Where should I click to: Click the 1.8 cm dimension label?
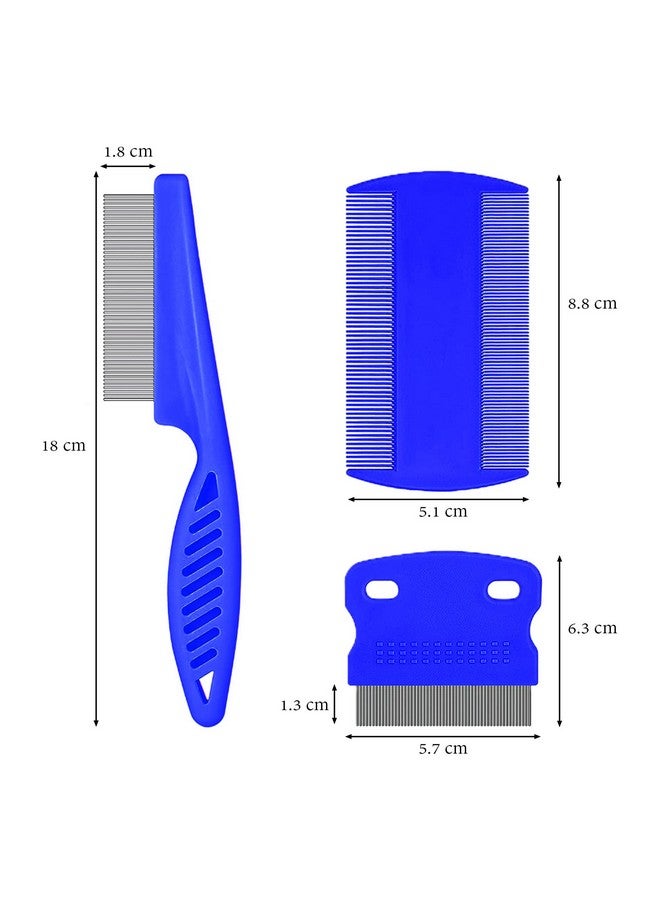128,152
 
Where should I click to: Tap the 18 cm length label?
63,445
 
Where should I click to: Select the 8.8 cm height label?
592,304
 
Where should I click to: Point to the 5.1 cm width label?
442,511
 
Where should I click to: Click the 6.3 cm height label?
592,628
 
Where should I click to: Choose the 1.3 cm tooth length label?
304,705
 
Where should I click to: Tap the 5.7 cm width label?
442,748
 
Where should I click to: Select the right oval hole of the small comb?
503,589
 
